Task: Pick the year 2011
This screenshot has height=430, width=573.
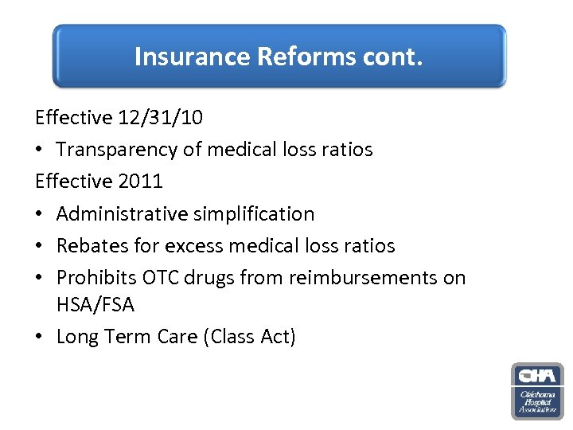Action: tap(140, 181)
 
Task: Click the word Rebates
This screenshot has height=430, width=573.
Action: tap(91, 245)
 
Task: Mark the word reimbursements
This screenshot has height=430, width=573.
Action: tap(357, 277)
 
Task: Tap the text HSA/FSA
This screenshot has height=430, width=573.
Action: tap(95, 304)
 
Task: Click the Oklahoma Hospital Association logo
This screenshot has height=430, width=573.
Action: tap(536, 391)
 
